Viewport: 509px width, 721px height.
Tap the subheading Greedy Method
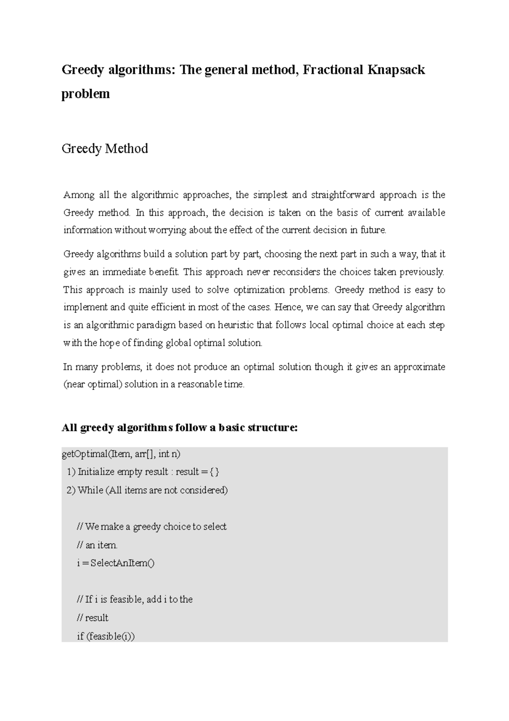pyautogui.click(x=105, y=149)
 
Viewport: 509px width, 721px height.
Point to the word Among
pyautogui.click(x=78, y=195)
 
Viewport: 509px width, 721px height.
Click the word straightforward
pyautogui.click(x=343, y=195)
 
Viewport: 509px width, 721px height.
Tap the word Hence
pyautogui.click(x=288, y=307)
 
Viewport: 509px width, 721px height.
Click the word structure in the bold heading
pyautogui.click(x=272, y=428)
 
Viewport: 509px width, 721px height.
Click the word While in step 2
pyautogui.click(x=90, y=490)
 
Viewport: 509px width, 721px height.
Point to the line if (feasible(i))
pyautogui.click(x=106, y=637)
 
